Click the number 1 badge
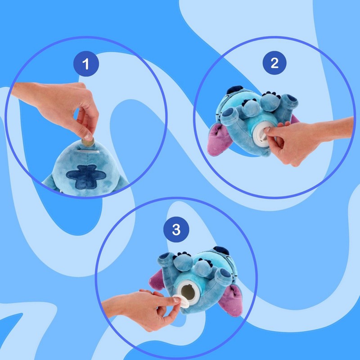pyautogui.click(x=86, y=63)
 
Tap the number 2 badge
pyautogui.click(x=274, y=63)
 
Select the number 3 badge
pyautogui.click(x=176, y=229)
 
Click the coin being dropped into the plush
pyautogui.click(x=88, y=142)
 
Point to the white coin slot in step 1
pyautogui.click(x=88, y=152)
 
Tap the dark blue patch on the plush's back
pyautogui.click(x=86, y=176)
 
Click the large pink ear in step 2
pyautogui.click(x=220, y=139)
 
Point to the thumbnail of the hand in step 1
pyautogui.click(x=88, y=137)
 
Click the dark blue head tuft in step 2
pyautogui.click(x=235, y=90)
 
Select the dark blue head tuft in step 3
pyautogui.click(x=221, y=251)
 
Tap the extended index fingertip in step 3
pyautogui.click(x=176, y=299)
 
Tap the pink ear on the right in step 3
pyautogui.click(x=231, y=300)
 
